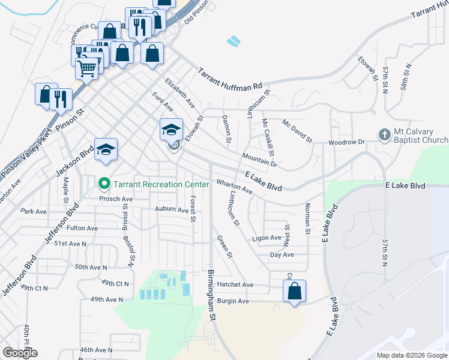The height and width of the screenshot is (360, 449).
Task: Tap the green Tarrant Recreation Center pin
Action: tap(104, 183)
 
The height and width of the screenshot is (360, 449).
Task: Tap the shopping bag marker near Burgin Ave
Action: tap(294, 292)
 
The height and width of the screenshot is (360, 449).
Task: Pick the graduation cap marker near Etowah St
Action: tap(171, 130)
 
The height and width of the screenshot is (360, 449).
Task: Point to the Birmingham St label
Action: tap(211, 294)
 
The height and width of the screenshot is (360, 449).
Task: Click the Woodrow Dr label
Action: tap(346, 142)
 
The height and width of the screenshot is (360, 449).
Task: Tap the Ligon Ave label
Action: tap(267, 238)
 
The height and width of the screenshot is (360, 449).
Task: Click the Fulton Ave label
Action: tap(83, 228)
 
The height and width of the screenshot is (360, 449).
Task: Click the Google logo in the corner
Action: tap(20, 353)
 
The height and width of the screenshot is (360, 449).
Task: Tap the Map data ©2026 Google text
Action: tap(411, 355)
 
